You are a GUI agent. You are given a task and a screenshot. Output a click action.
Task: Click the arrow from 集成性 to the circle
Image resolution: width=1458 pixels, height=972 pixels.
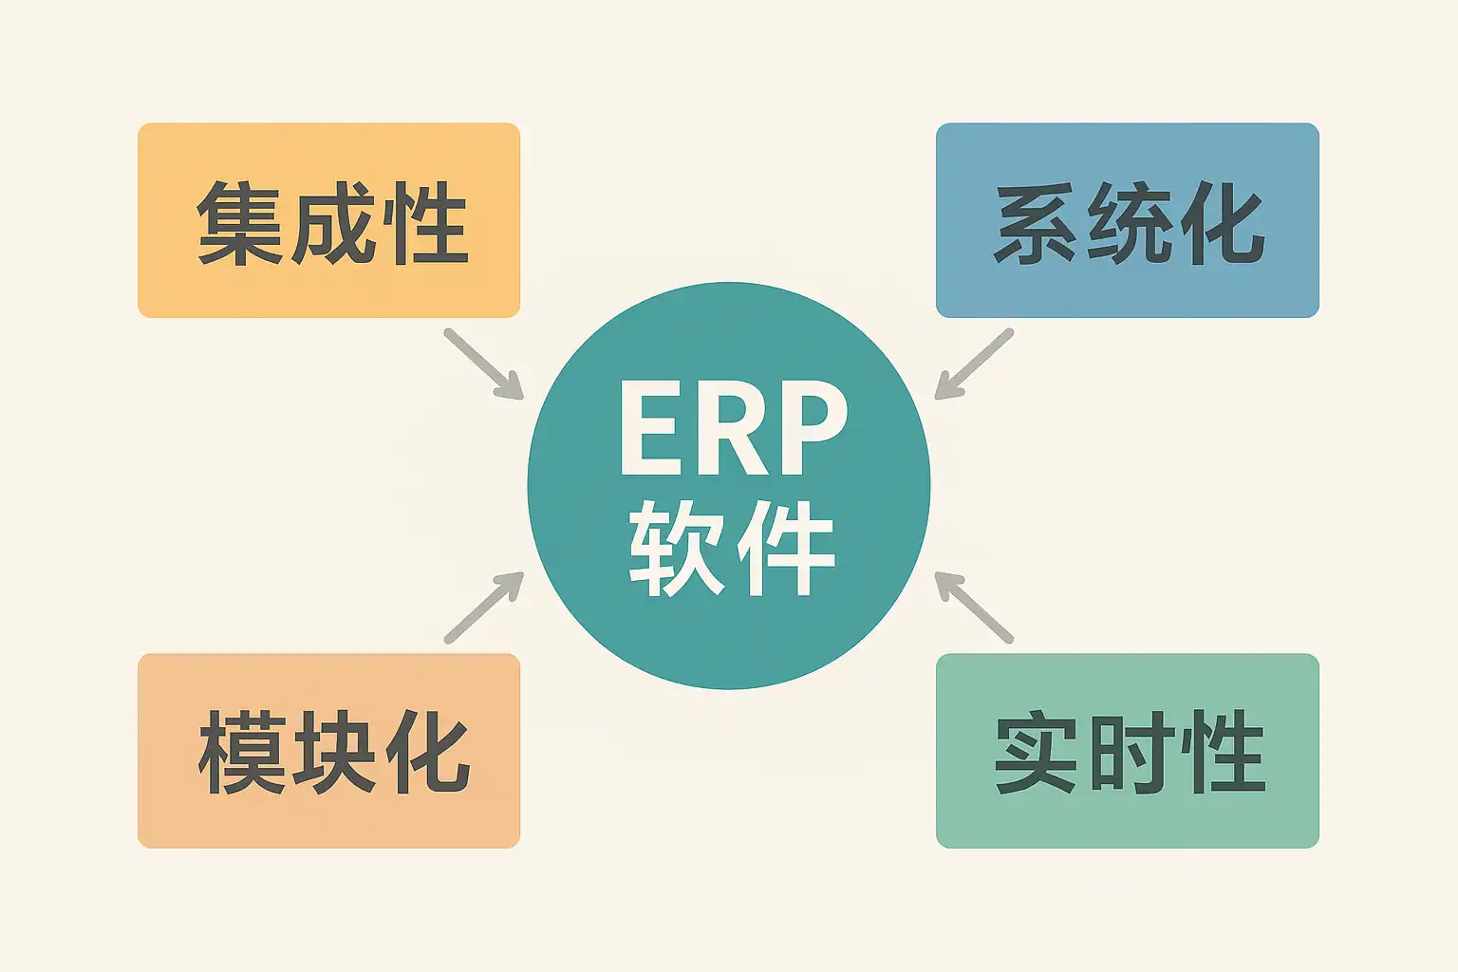(x=483, y=364)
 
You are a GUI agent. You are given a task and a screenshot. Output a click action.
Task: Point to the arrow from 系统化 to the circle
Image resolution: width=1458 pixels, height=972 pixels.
(x=974, y=364)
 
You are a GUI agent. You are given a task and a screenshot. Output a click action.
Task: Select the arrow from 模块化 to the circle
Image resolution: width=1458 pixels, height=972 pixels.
(x=483, y=607)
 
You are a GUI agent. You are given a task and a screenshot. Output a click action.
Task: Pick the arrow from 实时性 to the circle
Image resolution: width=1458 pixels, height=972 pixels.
(x=974, y=607)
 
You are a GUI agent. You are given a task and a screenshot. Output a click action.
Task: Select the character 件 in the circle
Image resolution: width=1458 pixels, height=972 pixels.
(x=785, y=548)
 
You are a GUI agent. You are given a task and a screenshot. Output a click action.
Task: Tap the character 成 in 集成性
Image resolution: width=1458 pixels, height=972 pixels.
(x=331, y=224)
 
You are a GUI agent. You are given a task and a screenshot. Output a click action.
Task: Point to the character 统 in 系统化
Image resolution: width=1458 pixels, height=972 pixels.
(x=1128, y=224)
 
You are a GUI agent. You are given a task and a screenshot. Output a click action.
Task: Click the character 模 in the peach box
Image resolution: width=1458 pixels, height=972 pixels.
(x=239, y=752)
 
